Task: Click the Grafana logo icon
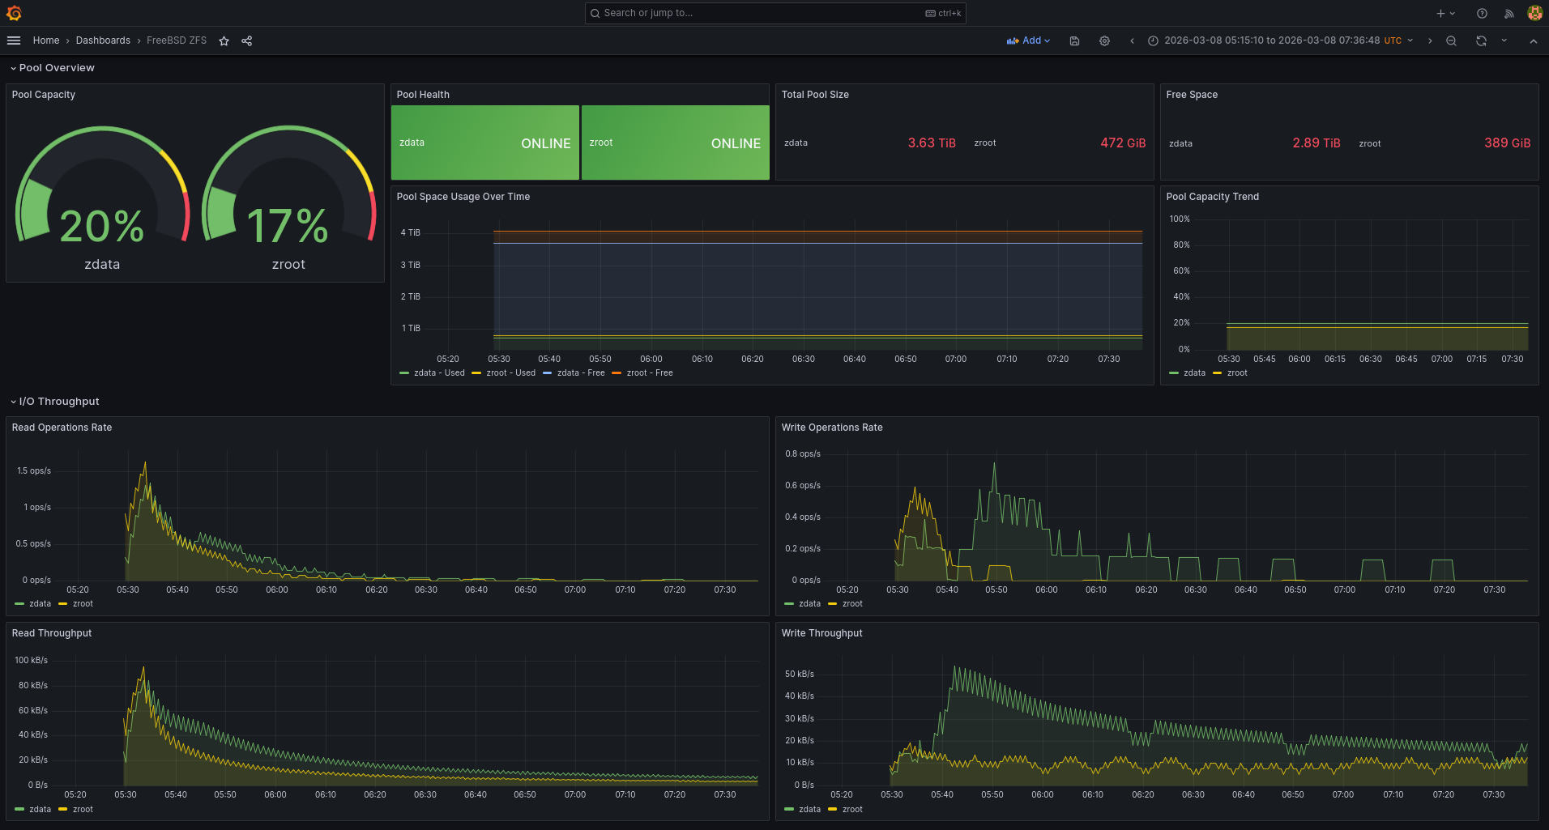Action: click(14, 13)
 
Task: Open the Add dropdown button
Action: click(1028, 40)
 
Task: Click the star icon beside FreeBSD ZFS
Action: click(224, 41)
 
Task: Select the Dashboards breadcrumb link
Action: click(103, 40)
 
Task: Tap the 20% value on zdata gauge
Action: click(102, 226)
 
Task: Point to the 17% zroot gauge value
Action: click(288, 226)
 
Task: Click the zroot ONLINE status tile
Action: click(675, 143)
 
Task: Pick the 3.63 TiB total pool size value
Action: click(931, 143)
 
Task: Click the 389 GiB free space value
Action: click(1507, 143)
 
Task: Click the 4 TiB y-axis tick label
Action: click(411, 233)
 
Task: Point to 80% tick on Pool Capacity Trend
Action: click(1181, 245)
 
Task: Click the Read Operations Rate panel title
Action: click(62, 428)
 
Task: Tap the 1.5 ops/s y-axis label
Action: click(34, 471)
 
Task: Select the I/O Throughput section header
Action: click(59, 402)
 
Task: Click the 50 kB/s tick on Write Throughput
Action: click(800, 675)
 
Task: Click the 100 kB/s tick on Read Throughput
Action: click(32, 661)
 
